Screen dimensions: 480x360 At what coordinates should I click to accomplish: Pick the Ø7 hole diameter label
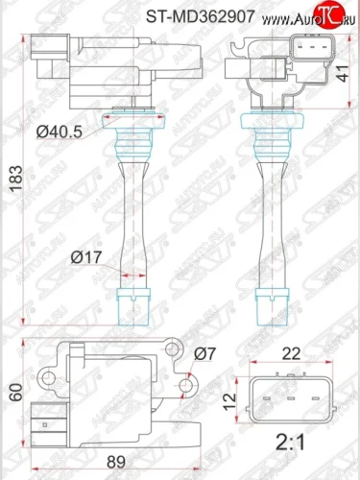(206, 353)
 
